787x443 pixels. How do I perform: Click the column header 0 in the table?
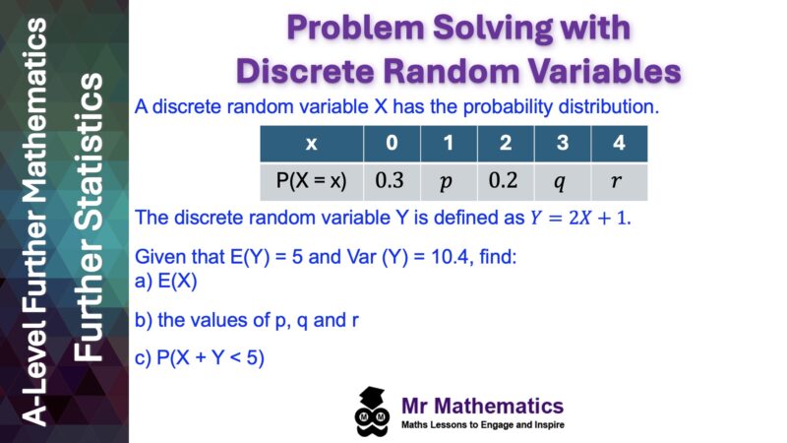392,144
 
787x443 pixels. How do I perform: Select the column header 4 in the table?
618,144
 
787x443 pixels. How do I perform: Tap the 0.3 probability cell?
392,181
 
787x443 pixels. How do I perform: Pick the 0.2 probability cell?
505,181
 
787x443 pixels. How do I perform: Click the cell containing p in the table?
449,181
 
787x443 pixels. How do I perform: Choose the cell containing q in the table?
562,181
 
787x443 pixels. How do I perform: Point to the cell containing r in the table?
618,181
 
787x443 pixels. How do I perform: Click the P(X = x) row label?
311,181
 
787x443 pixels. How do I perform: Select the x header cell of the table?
311,144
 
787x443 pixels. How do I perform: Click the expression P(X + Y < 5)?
211,357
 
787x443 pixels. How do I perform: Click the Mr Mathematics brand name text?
483,405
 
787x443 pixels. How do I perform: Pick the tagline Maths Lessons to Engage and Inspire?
483,425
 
